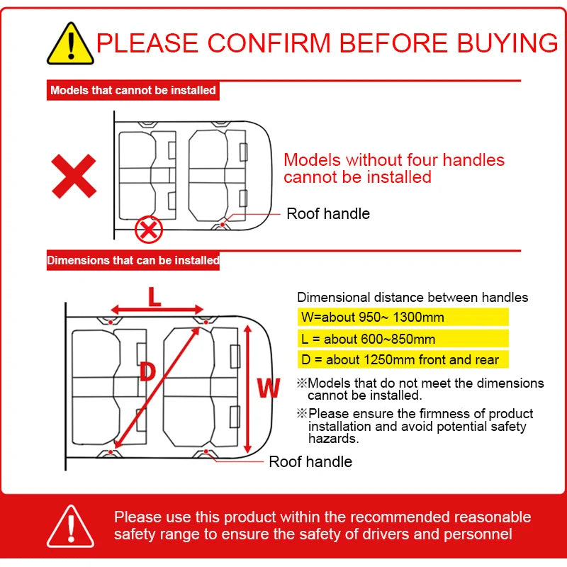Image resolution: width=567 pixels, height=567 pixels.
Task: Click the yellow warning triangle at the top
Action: click(70, 44)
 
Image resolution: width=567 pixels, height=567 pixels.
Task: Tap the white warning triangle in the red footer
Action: click(70, 526)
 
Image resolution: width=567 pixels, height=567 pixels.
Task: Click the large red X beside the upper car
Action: click(74, 176)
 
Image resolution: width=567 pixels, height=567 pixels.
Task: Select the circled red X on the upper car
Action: click(149, 229)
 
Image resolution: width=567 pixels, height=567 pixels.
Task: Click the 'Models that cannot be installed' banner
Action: click(133, 90)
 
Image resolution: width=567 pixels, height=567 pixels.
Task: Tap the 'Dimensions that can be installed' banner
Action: click(133, 260)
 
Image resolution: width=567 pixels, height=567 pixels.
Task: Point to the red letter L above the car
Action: click(155, 296)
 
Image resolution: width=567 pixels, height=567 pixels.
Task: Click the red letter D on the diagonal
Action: click(147, 371)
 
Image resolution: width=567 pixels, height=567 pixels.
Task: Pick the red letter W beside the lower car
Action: click(269, 388)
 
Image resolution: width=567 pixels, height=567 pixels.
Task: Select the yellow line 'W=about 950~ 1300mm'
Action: click(403, 317)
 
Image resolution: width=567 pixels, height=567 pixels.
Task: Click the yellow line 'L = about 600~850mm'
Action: click(403, 339)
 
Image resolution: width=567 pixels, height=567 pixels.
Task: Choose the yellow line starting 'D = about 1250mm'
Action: click(403, 359)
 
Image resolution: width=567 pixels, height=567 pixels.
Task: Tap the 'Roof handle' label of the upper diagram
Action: click(328, 214)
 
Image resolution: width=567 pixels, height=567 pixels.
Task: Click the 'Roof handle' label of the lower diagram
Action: click(310, 462)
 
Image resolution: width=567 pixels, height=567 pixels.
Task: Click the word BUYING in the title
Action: click(507, 43)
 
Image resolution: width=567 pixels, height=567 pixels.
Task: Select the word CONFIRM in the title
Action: click(269, 43)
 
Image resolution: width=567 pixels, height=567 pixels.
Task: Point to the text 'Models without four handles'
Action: click(394, 160)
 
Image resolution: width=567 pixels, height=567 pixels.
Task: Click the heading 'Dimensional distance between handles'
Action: click(412, 297)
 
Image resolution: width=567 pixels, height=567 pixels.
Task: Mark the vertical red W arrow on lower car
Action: click(247, 388)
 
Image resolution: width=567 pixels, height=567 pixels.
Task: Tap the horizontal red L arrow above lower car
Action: click(157, 310)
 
